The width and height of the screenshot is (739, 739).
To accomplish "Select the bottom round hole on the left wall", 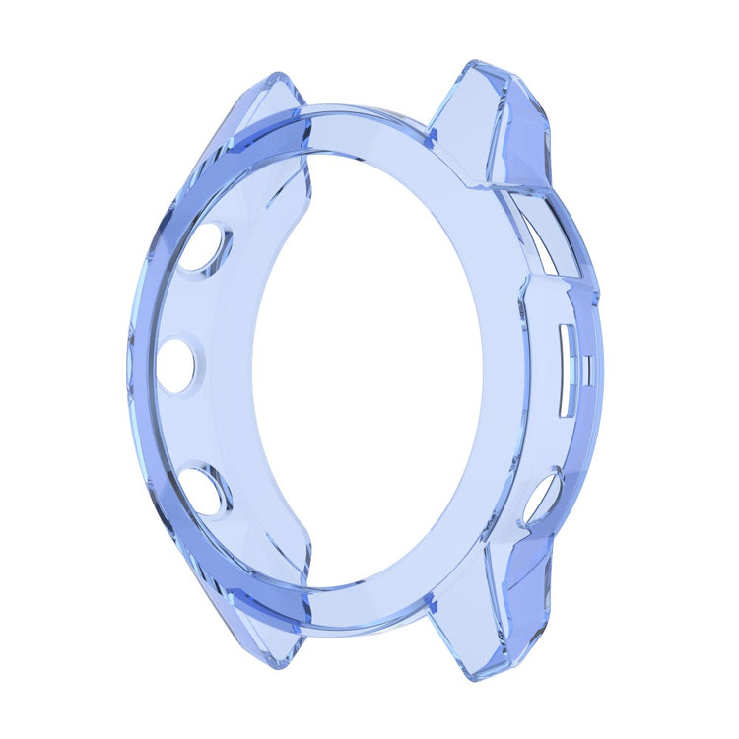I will (x=207, y=490).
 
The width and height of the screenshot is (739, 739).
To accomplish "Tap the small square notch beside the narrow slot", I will (x=587, y=370).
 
